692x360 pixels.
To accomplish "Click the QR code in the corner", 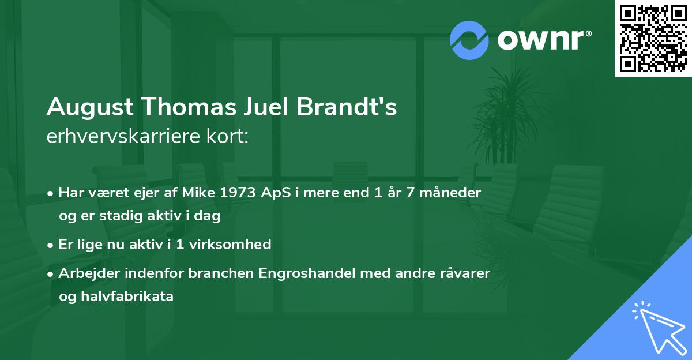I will pos(653,38).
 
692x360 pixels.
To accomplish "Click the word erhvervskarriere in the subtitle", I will pos(124,136).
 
